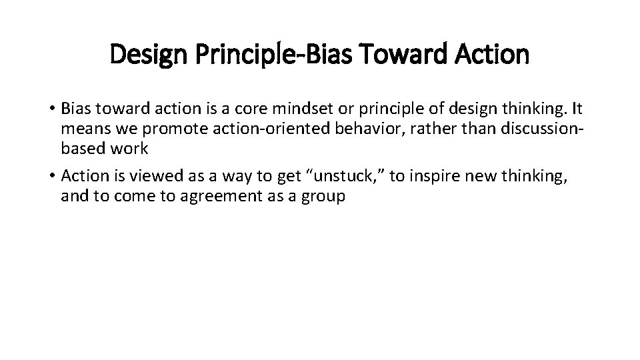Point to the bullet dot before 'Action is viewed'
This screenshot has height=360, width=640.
point(51,176)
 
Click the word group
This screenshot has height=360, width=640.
point(324,197)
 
